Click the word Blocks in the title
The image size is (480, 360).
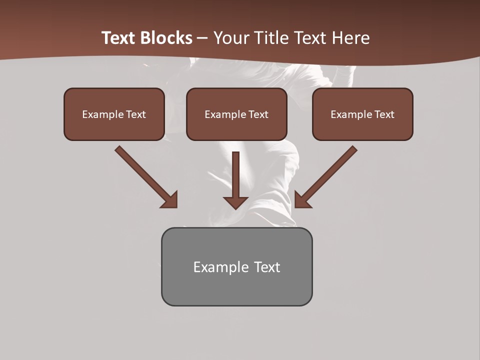167,38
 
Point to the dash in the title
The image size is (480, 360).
202,38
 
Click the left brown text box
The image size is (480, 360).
114,114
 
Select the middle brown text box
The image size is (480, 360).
236,114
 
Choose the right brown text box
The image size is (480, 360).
362,114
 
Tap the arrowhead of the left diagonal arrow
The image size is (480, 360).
170,200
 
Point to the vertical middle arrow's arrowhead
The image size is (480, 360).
235,202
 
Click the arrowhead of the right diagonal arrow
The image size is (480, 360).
302,200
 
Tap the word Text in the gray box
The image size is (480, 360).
267,267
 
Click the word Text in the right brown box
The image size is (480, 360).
384,114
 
